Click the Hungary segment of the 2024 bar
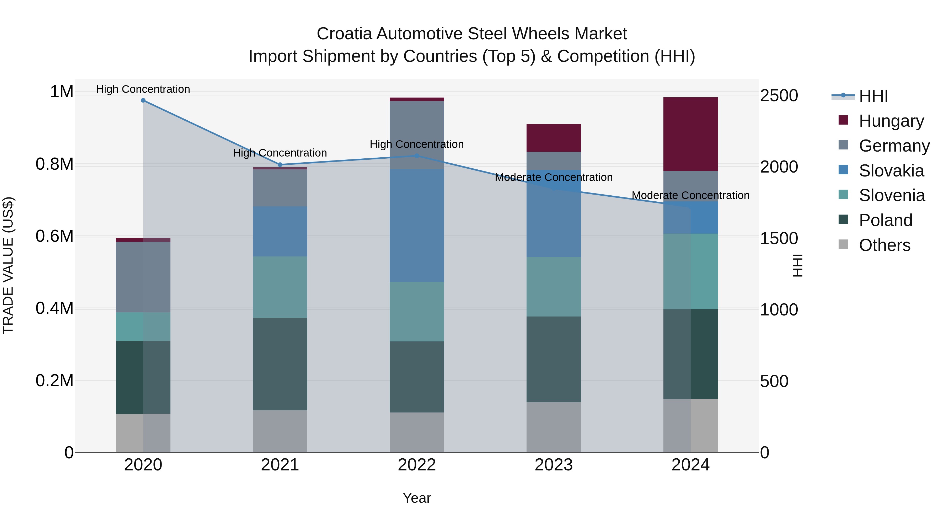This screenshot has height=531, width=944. pos(690,134)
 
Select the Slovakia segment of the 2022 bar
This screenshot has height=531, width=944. pos(417,225)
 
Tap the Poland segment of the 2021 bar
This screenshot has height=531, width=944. pos(280,364)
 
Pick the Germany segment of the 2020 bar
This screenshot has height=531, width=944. pos(143,277)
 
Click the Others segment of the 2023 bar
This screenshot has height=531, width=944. pos(554,427)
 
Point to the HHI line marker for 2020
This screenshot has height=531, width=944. pos(143,100)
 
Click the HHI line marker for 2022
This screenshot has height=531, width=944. pos(417,156)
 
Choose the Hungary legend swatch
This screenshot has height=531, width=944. pos(843,120)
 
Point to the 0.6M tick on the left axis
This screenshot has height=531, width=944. pos(55,236)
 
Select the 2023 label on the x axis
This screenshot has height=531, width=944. pos(554,465)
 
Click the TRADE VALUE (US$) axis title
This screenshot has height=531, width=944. pos(8,265)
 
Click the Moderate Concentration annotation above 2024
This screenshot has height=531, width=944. pos(690,196)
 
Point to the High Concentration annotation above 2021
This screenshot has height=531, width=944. pos(280,153)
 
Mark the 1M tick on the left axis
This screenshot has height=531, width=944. pos(62,92)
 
